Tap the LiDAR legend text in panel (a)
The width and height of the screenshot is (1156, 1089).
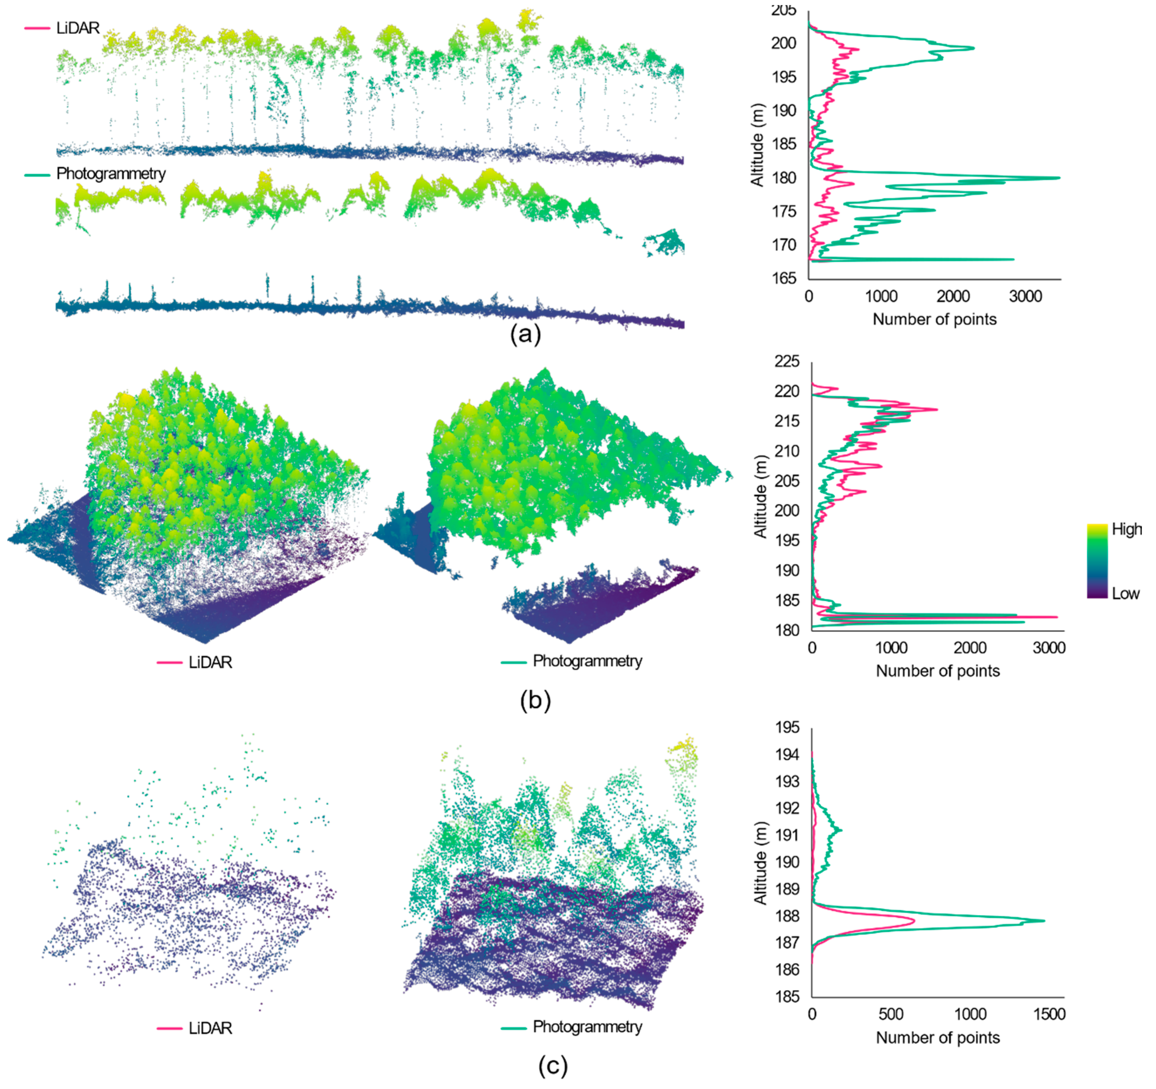point(78,28)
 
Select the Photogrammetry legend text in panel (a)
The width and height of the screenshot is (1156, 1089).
point(110,173)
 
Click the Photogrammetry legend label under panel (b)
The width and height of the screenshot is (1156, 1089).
point(587,661)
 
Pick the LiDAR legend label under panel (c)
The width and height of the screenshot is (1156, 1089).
point(210,1028)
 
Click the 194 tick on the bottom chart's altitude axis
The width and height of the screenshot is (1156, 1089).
point(787,754)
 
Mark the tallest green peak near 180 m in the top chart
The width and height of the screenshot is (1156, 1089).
point(1058,178)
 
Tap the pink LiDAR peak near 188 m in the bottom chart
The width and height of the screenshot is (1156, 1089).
point(914,921)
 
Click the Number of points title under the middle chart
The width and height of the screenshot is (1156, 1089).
point(937,671)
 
